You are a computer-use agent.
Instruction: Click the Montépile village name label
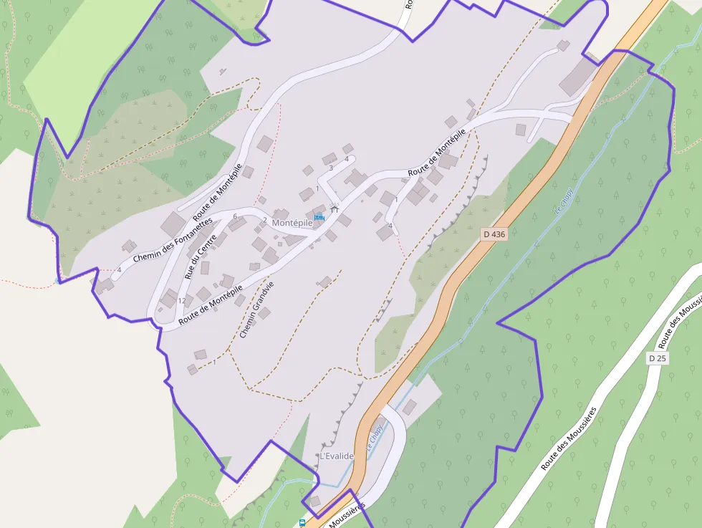click(292, 223)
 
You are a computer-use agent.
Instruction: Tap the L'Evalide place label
click(336, 456)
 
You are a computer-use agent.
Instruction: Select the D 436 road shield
click(494, 234)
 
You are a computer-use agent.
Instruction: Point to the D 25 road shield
click(657, 357)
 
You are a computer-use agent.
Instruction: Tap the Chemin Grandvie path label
click(256, 309)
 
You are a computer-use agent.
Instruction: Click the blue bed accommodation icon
click(319, 216)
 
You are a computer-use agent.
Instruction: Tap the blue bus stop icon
click(302, 523)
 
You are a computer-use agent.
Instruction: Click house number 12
click(182, 300)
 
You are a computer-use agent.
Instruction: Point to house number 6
click(235, 216)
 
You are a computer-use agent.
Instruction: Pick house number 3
click(331, 168)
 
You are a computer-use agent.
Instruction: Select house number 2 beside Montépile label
click(264, 220)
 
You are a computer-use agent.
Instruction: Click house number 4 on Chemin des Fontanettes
click(120, 269)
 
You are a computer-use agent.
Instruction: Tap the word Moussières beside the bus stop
click(347, 515)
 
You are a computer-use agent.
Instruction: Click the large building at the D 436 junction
click(577, 77)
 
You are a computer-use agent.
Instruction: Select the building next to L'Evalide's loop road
click(409, 408)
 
